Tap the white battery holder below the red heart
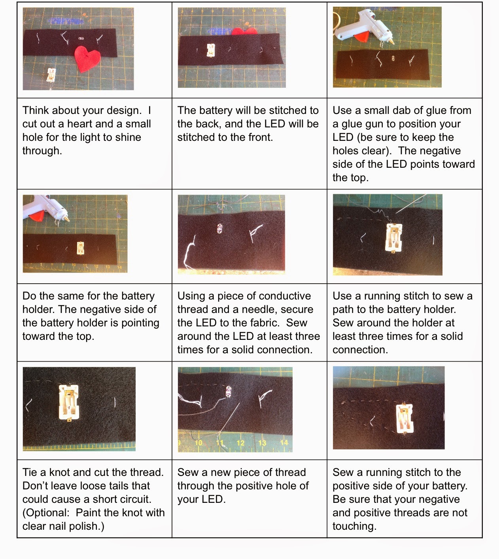pos(51,75)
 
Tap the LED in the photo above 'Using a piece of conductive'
pos(219,229)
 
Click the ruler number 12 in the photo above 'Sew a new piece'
pos(240,443)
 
